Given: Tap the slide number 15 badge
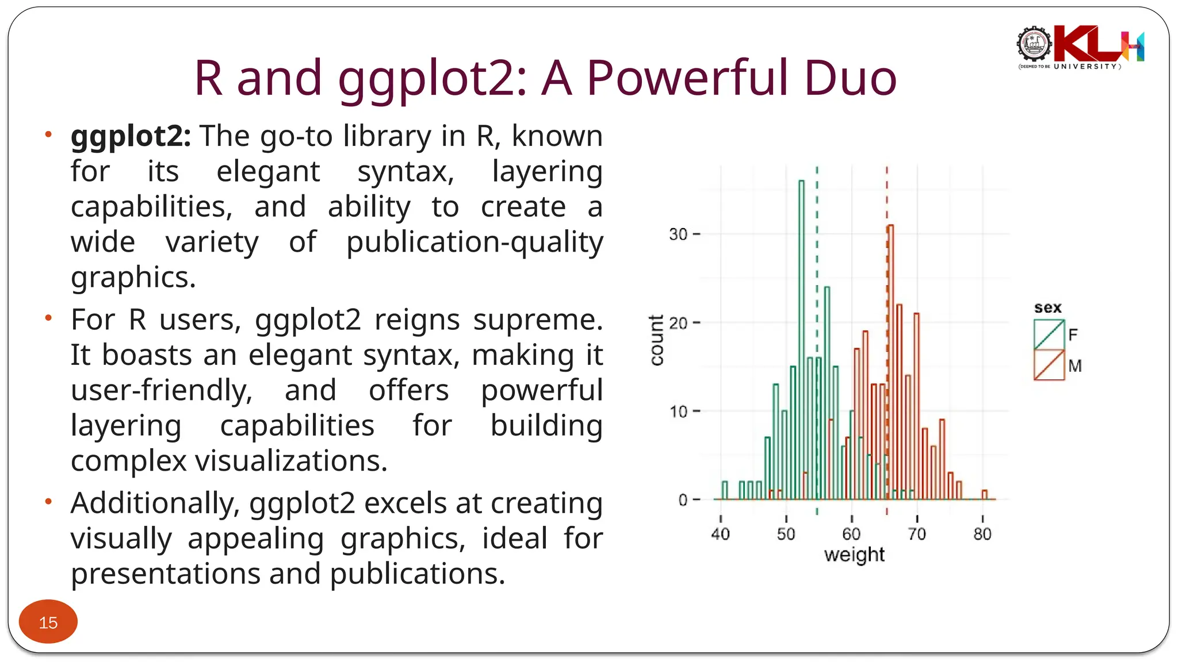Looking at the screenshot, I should tap(48, 622).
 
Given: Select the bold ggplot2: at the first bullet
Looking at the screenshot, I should tap(131, 137).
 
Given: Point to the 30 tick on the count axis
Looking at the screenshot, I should tap(678, 234).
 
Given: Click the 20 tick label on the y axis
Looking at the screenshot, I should tap(678, 323).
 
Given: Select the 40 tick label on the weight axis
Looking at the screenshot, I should tap(720, 534).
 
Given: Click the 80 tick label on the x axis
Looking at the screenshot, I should tap(982, 534).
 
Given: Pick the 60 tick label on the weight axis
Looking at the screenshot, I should tap(851, 534).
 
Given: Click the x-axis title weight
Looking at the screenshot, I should tap(854, 555).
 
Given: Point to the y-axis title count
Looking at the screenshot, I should tap(656, 340).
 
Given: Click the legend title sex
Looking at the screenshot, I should tap(1047, 308).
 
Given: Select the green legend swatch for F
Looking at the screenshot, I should tap(1049, 334).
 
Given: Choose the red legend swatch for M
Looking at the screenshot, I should tap(1049, 365).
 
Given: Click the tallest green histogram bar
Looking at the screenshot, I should tap(801, 339).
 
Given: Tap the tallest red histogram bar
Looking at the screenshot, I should tap(890, 362).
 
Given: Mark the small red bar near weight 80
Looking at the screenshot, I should tap(985, 495).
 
